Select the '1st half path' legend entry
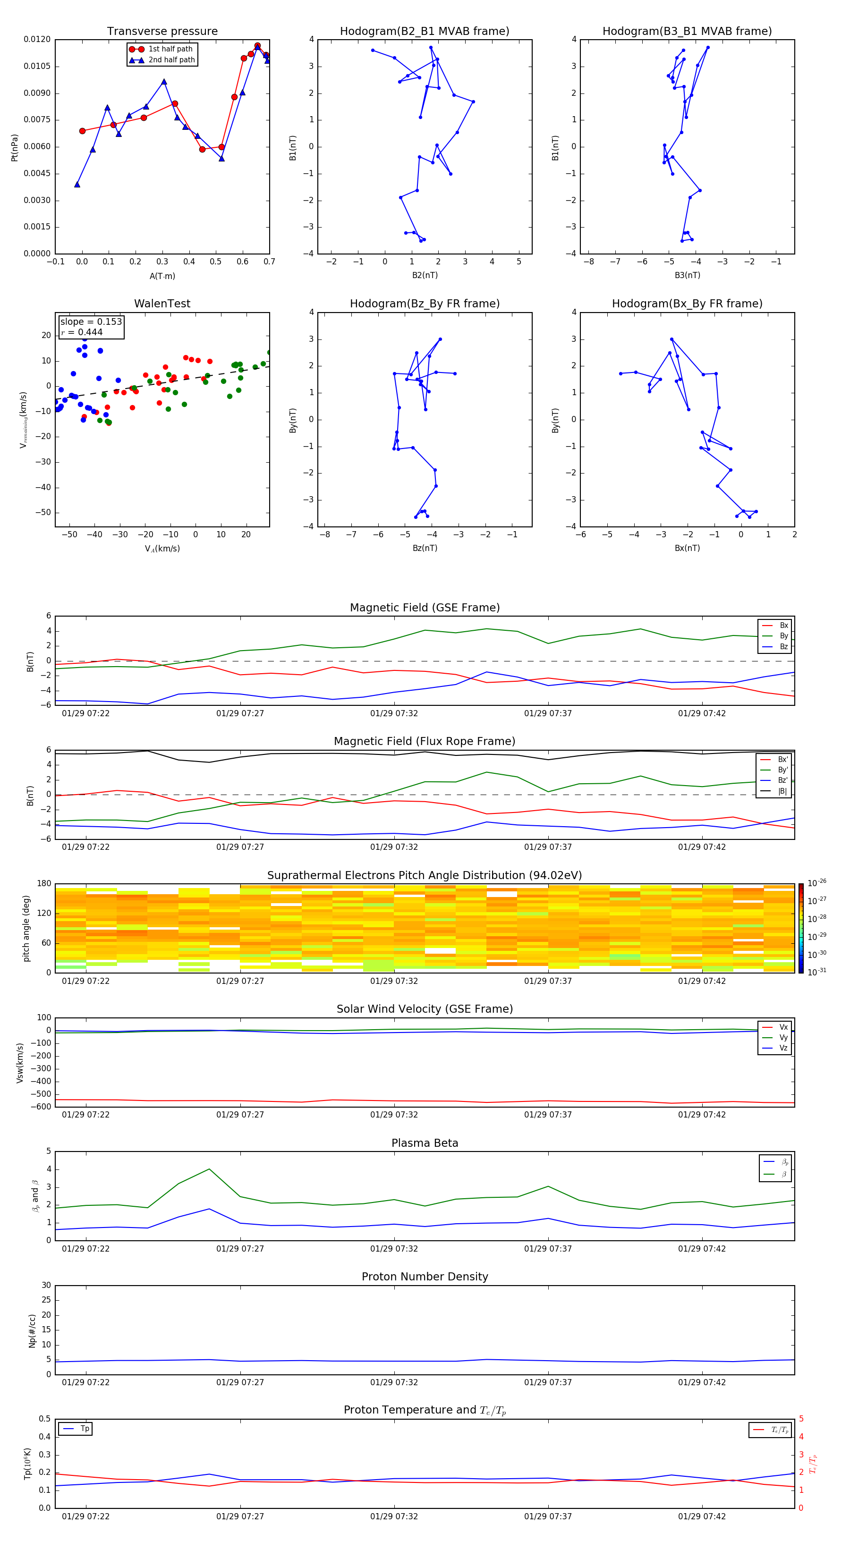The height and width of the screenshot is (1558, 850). pos(170,49)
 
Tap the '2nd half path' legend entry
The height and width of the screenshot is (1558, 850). pos(171,60)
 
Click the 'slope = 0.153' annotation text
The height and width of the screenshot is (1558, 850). pos(91,322)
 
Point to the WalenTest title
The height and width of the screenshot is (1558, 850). pos(162,304)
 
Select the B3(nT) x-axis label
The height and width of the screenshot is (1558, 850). pos(687,275)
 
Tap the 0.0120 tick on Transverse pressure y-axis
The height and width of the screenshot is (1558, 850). pos(37,39)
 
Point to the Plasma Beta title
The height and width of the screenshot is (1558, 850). pos(425,1143)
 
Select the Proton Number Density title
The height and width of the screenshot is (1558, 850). pos(425,1277)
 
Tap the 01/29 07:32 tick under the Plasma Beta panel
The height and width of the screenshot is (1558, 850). pos(394,1248)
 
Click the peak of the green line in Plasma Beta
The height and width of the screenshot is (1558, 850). pos(209,1169)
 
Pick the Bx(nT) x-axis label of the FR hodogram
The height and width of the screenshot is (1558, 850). pos(687,548)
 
